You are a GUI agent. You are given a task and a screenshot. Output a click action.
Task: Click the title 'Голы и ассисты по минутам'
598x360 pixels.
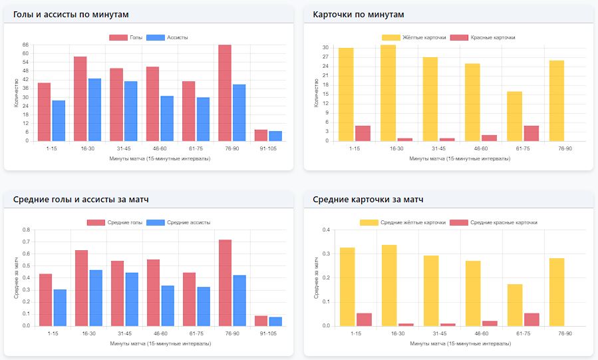coord(71,14)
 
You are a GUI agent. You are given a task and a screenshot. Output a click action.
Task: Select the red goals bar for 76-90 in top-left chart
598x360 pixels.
coord(225,92)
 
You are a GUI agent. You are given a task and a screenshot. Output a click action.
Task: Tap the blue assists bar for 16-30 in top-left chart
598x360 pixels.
coord(95,110)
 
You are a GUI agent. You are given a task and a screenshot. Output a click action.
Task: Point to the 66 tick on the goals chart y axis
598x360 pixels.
coord(25,45)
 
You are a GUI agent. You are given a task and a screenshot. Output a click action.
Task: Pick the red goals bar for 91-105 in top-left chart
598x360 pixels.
coord(261,135)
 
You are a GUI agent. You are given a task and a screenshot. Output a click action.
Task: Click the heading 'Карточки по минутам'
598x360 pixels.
coord(359,14)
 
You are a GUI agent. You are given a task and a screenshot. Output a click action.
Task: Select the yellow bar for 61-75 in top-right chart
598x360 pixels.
coord(515,116)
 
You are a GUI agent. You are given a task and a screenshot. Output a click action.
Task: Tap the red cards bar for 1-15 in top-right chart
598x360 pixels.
coord(363,133)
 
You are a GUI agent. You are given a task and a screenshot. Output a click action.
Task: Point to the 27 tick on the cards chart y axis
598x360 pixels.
coord(326,57)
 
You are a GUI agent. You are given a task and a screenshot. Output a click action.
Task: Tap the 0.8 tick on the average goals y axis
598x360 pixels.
coord(27,230)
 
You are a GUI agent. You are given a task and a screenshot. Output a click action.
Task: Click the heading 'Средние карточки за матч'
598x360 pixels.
coord(368,199)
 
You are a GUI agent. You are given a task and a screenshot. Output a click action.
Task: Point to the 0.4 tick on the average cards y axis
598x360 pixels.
coord(327,230)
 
